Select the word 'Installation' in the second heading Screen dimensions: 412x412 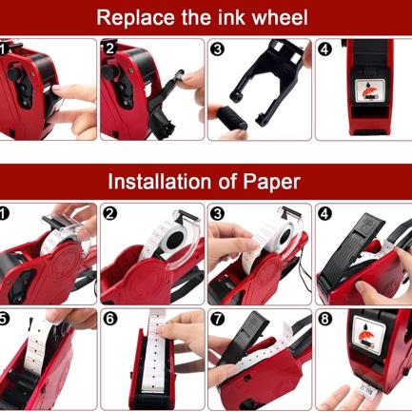159,182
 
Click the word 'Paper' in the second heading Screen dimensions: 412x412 271,182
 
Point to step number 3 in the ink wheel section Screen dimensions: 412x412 217,49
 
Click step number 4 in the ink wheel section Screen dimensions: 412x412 324,49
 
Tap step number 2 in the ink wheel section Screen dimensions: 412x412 109,49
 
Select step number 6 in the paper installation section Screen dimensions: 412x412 109,318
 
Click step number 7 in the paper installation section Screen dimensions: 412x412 217,318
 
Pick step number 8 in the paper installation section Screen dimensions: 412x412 324,318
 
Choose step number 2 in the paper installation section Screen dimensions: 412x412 109,214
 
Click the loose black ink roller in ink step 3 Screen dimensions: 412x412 228,118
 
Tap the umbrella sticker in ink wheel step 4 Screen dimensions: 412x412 370,91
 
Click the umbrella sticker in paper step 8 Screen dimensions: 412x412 369,335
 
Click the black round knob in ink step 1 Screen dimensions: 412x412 14,73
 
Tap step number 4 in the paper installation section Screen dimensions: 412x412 324,214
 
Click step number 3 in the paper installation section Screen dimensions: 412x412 217,214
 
